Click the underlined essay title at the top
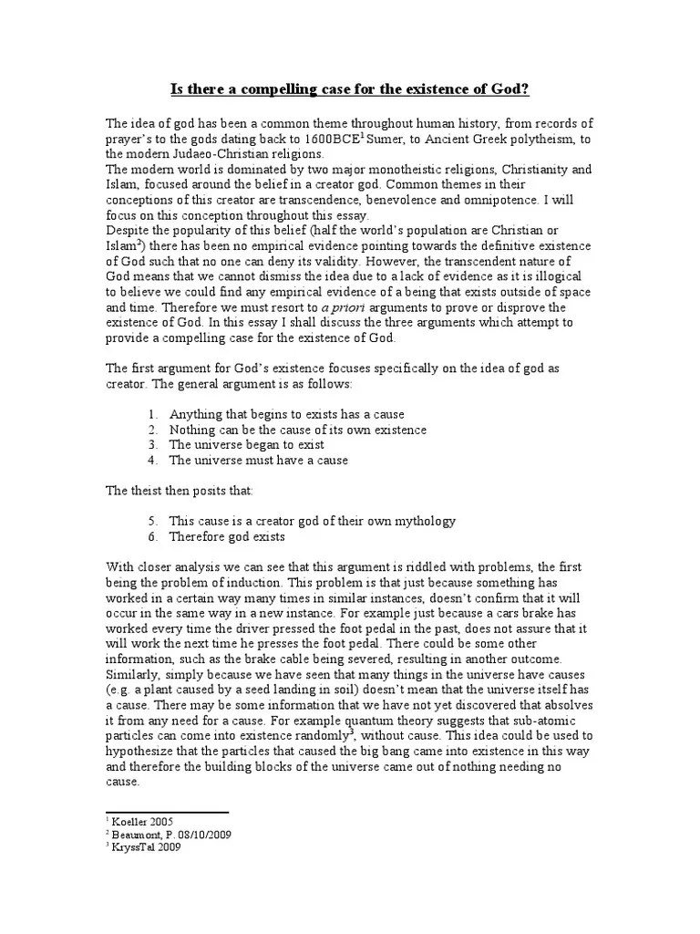point(350,89)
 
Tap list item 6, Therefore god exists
point(227,536)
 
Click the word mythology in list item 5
point(422,521)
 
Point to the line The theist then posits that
point(180,491)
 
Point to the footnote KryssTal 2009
point(147,847)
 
